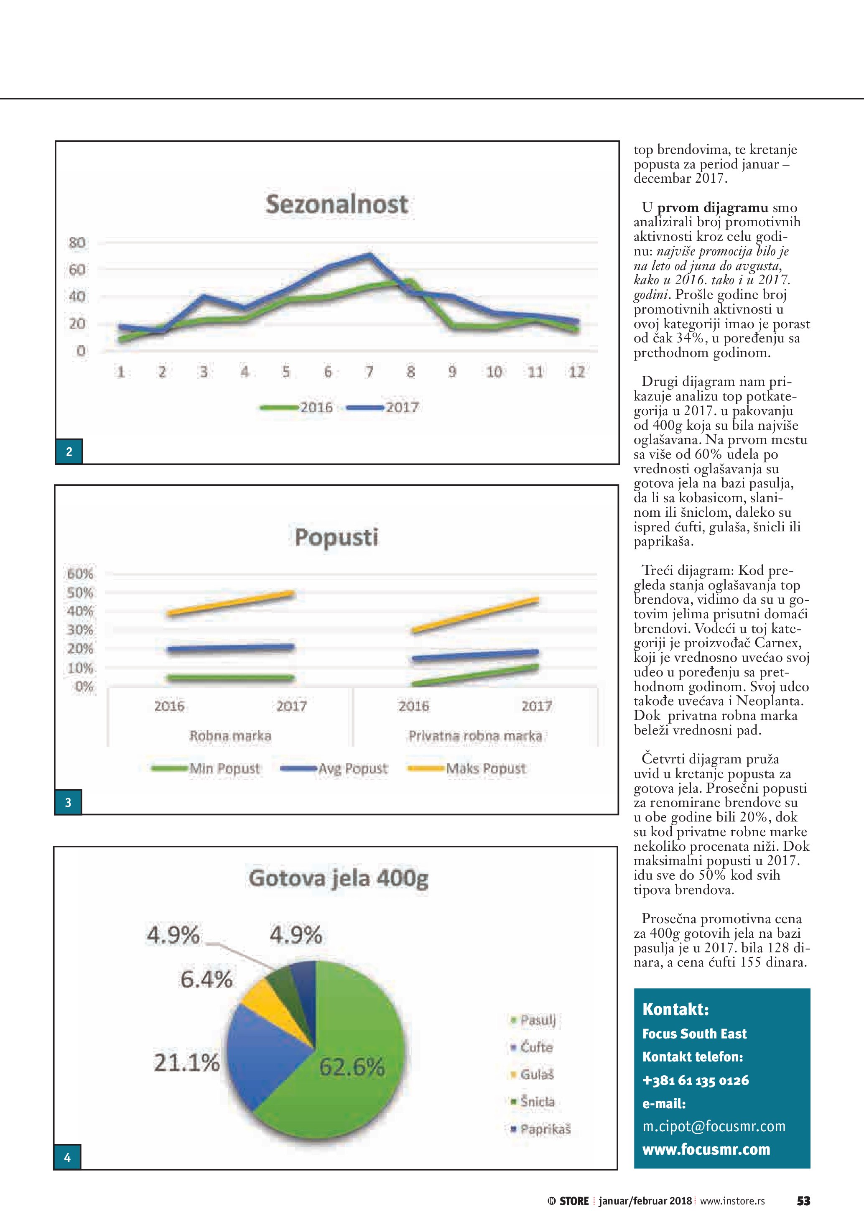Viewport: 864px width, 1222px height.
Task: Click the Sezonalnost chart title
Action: point(337,204)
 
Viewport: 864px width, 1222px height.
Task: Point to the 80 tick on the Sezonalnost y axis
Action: point(77,243)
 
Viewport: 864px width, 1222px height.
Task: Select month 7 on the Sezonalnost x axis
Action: point(369,372)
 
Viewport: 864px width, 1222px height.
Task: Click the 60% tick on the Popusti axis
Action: point(80,574)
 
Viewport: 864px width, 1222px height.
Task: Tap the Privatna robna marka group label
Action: point(475,736)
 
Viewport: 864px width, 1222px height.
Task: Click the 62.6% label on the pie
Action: point(352,1067)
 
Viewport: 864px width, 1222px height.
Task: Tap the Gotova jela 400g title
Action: point(338,878)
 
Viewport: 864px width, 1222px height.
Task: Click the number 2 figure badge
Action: point(69,452)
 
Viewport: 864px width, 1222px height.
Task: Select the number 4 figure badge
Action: point(67,1158)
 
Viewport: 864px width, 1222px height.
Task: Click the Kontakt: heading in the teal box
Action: point(675,1009)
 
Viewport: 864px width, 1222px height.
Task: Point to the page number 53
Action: point(803,1201)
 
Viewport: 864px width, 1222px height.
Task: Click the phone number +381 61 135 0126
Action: point(696,1080)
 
